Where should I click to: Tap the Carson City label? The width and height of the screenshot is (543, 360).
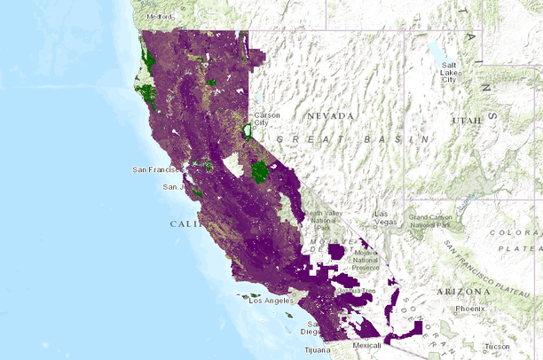click(x=267, y=119)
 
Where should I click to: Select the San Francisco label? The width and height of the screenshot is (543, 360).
click(x=156, y=168)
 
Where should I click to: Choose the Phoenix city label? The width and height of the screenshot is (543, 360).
click(x=469, y=309)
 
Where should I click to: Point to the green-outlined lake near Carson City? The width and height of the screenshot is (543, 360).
click(x=247, y=131)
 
